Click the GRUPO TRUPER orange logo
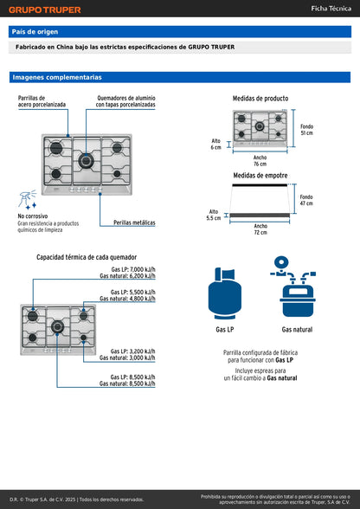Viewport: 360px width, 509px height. tap(45, 10)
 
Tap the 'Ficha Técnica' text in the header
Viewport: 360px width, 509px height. tap(331, 9)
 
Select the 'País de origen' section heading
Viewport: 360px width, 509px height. tap(35, 32)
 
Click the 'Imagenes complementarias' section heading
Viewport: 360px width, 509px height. tap(57, 77)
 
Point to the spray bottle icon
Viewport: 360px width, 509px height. tap(28, 200)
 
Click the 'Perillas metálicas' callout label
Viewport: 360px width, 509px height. tap(134, 222)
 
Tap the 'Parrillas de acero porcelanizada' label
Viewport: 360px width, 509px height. tap(42, 101)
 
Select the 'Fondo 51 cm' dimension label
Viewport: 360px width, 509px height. tap(306, 130)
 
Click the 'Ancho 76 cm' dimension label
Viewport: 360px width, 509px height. tap(260, 161)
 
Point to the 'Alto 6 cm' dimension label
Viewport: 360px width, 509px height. tap(215, 144)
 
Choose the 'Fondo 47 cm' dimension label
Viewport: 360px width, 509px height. tap(306, 200)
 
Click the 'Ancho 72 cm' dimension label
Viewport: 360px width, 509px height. tap(260, 229)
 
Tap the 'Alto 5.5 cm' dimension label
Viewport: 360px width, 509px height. tap(214, 215)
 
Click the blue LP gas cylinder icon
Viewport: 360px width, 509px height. tap(225, 293)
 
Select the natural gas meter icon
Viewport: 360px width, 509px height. tap(293, 287)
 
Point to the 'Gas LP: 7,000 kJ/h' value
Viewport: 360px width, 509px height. tap(133, 269)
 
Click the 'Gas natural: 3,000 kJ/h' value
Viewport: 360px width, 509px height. tap(127, 358)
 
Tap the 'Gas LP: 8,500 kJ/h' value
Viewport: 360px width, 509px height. tap(132, 377)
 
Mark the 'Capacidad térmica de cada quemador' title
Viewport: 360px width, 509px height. tap(87, 257)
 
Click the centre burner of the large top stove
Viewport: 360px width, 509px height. tap(86, 161)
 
